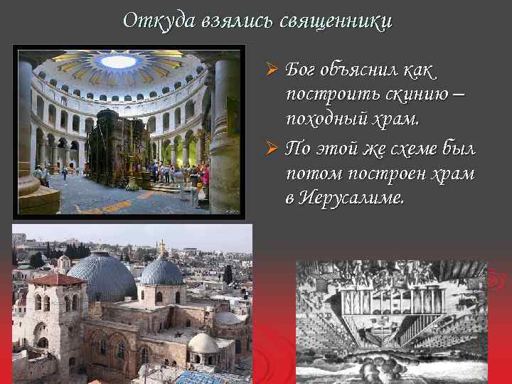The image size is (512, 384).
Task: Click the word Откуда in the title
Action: pyautogui.click(x=149, y=21)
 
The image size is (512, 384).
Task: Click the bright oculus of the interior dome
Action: pyautogui.click(x=118, y=61)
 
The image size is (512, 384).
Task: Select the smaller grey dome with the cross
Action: pyautogui.click(x=162, y=272)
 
